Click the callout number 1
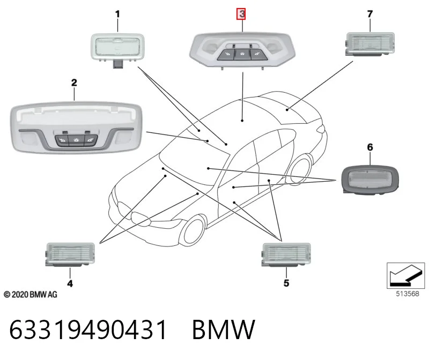(117, 14)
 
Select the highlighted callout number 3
(241, 14)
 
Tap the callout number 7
(370, 14)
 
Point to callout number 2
(74, 82)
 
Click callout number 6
(370, 147)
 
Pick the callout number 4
(70, 283)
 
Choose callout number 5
(286, 283)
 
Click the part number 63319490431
(88, 329)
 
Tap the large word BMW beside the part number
(224, 329)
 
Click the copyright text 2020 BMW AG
(31, 295)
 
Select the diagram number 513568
(408, 294)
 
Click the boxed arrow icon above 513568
(406, 275)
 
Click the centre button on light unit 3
(242, 55)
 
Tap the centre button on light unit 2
(76, 140)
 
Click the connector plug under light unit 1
(118, 64)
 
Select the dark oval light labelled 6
(370, 179)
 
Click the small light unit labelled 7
(369, 44)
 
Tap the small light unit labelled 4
(70, 254)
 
